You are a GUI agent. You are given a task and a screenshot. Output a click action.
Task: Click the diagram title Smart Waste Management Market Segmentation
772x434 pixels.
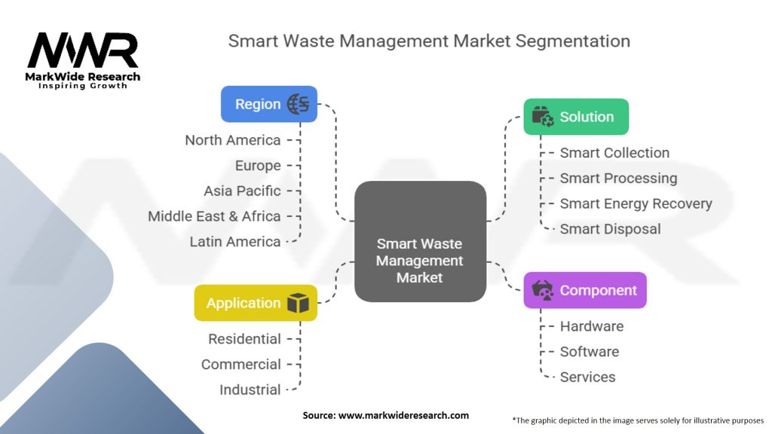(x=429, y=40)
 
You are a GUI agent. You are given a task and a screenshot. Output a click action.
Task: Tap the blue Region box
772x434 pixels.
(x=268, y=104)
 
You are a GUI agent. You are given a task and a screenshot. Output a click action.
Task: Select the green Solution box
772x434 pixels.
(x=576, y=117)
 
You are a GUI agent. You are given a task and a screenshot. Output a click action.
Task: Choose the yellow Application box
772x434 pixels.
(x=255, y=303)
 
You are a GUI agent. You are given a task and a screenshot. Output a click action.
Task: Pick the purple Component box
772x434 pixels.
(x=585, y=290)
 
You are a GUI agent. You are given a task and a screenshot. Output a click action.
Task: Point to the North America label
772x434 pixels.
(x=232, y=140)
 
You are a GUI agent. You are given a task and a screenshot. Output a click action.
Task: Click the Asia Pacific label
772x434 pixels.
(x=242, y=191)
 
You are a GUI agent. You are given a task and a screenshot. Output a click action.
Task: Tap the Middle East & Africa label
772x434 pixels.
(x=214, y=216)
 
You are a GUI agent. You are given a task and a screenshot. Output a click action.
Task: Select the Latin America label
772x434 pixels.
(x=235, y=242)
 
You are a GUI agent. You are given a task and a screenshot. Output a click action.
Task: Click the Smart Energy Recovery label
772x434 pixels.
(x=636, y=203)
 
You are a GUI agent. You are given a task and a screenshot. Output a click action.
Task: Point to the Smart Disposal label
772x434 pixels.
(x=610, y=229)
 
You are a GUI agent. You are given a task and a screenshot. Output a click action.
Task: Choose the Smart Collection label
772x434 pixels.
(x=614, y=153)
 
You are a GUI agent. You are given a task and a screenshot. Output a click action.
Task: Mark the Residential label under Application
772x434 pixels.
(x=244, y=339)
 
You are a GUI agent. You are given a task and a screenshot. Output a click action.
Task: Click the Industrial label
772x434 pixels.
(x=250, y=390)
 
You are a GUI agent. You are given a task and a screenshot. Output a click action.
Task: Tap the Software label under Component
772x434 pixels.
(x=589, y=352)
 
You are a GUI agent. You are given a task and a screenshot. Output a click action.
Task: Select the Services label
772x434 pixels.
(x=587, y=377)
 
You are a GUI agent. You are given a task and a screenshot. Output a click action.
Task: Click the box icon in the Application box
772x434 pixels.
(x=298, y=303)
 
